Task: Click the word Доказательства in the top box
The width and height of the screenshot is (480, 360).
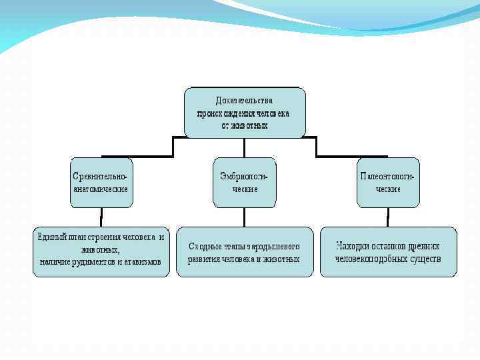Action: tap(244, 101)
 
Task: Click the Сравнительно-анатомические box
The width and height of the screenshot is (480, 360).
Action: tap(102, 182)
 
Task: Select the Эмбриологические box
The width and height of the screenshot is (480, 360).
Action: tap(244, 182)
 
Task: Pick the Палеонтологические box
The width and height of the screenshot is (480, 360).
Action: tap(387, 182)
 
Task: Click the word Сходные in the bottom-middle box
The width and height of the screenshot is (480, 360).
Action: tap(206, 247)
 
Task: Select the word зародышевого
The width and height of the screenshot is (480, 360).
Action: tap(276, 247)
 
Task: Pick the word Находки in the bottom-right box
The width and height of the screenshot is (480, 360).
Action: tap(352, 245)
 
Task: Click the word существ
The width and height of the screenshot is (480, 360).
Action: tap(424, 258)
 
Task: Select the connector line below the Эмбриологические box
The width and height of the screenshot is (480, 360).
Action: tap(244, 217)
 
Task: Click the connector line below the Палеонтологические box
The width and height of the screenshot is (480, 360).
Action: tap(387, 217)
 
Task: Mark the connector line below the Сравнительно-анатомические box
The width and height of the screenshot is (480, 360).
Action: tap(101, 217)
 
